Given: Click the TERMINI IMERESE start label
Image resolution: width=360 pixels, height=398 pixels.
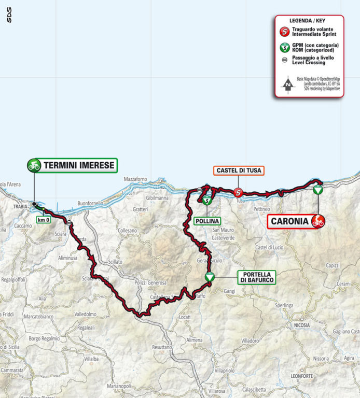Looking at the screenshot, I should coord(79,165).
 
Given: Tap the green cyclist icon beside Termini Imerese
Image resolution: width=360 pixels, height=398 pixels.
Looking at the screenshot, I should coord(34,165).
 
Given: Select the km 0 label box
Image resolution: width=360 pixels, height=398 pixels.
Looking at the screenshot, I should coord(44,220).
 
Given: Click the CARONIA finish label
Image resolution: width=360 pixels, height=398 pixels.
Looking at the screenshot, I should coord(289,222).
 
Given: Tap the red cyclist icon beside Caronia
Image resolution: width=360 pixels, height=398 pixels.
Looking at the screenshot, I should coord(318,222).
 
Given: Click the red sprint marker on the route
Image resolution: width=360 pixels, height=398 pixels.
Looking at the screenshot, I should coord(238,192).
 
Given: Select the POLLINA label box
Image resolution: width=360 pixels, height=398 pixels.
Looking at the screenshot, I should coord(207,220).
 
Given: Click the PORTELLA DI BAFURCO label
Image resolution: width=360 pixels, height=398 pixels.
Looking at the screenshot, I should coord(256,277).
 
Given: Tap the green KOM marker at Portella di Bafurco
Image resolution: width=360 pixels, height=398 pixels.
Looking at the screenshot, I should coord(210,277).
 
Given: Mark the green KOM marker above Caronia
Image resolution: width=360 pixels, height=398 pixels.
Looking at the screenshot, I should coord(317,190).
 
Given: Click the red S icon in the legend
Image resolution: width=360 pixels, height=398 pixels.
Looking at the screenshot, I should coord(285,32).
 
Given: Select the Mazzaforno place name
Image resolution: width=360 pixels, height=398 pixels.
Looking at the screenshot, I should coord(136,179).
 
